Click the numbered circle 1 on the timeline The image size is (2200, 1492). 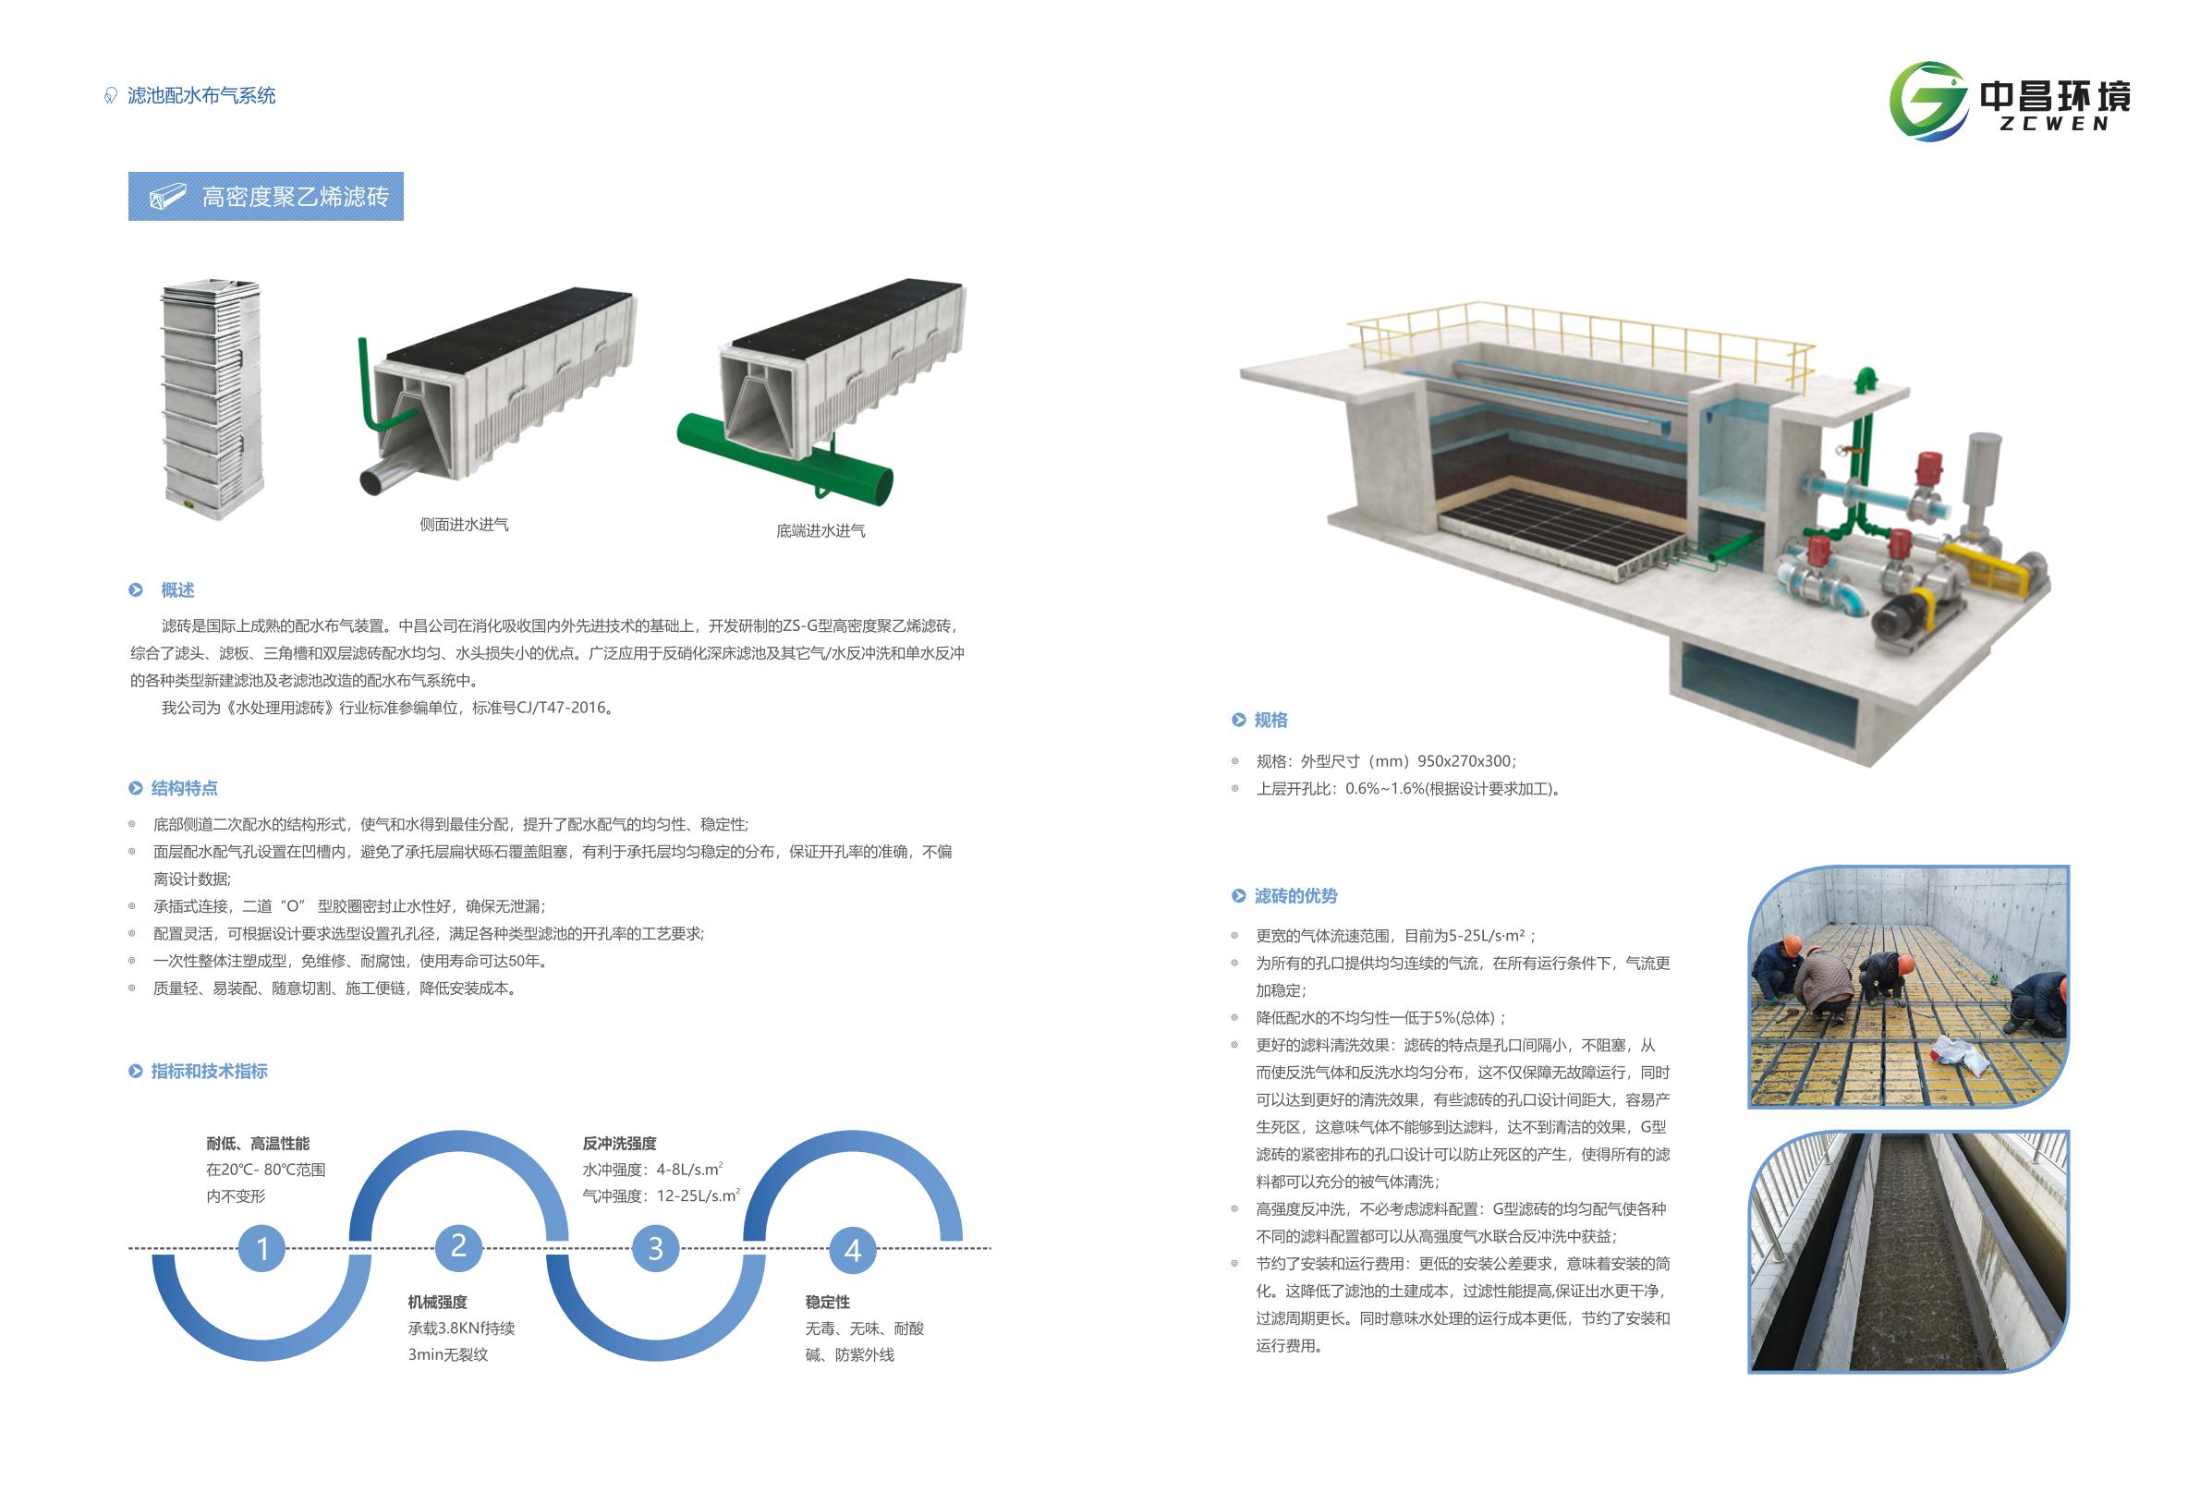point(262,1248)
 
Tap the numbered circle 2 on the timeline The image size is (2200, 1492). point(458,1245)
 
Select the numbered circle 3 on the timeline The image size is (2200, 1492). point(655,1248)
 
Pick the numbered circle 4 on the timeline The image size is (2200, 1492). point(852,1250)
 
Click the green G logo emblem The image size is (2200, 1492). point(1927,102)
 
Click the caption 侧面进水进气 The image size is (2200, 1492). point(464,525)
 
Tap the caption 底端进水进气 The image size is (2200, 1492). point(820,531)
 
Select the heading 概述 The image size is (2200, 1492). point(177,590)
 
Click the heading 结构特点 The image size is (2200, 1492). point(184,789)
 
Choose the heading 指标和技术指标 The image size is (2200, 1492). point(208,1072)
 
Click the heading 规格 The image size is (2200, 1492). point(1270,721)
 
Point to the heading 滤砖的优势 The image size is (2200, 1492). point(1295,896)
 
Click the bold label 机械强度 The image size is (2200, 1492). point(437,1303)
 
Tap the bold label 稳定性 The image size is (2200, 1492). point(827,1303)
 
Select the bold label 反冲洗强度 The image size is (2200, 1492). point(619,1144)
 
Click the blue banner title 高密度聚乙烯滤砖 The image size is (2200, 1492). point(295,197)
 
